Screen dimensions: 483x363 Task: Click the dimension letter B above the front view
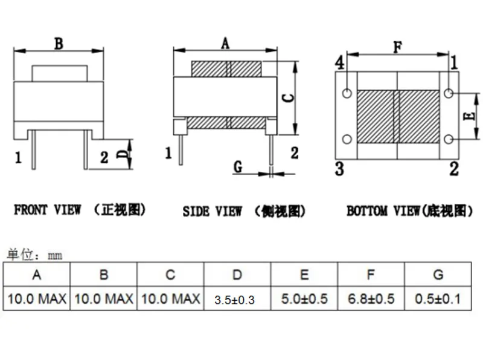[59, 44]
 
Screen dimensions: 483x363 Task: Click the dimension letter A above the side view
[225, 43]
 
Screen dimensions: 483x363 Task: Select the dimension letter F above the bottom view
[398, 47]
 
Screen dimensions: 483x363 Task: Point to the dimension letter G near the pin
[238, 167]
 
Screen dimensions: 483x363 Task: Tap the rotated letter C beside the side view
[289, 98]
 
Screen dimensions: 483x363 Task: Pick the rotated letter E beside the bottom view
[469, 116]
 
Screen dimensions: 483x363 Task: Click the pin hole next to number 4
[347, 93]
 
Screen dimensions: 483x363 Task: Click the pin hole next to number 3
[347, 139]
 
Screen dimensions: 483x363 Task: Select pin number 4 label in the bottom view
[339, 63]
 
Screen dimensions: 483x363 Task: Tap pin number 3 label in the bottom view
[339, 169]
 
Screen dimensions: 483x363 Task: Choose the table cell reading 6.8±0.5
[371, 299]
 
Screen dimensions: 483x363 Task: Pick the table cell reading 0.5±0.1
[438, 299]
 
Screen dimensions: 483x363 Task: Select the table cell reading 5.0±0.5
[304, 299]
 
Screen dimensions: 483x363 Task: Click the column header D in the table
[237, 275]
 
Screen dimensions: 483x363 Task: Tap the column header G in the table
[438, 275]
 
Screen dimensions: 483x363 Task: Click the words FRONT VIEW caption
[48, 210]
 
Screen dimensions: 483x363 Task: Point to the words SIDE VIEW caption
[213, 211]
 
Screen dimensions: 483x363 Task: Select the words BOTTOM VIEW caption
[383, 211]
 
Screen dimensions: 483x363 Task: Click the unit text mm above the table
[55, 256]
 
